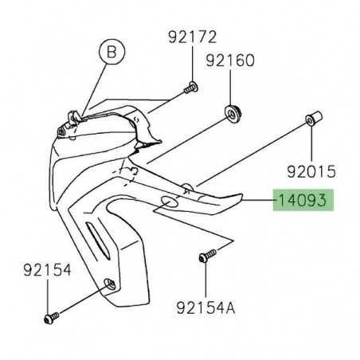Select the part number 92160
(x=231, y=61)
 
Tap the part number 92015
(x=311, y=170)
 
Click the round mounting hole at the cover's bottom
(x=110, y=284)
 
